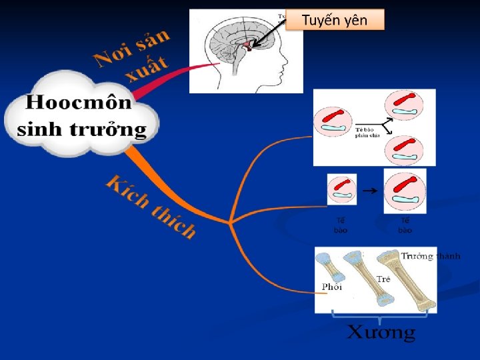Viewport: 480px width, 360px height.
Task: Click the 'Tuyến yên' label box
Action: tap(335, 20)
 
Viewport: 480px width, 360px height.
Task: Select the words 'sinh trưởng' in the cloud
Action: tap(81, 129)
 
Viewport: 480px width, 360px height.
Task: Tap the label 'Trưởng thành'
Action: tap(430, 255)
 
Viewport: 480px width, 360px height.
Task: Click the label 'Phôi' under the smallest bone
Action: tap(332, 287)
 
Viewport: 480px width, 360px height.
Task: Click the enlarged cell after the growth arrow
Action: tap(405, 190)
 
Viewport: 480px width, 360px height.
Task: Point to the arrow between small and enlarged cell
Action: tap(369, 190)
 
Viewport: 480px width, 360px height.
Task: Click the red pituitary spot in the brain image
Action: tap(248, 45)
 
